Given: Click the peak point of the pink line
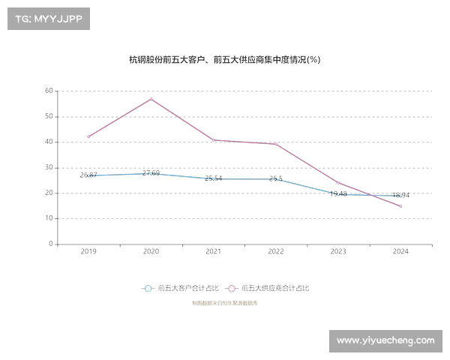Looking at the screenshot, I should (151, 99).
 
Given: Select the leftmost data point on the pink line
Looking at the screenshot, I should (89, 136).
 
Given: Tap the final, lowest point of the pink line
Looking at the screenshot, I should (401, 206).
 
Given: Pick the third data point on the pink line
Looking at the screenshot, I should (214, 140).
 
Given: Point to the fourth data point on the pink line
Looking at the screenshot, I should (276, 143).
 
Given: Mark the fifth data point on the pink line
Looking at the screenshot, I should (339, 183).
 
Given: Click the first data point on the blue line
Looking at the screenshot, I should (89, 175).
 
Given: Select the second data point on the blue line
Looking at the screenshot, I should (151, 173).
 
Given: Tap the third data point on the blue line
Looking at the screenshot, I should (214, 179).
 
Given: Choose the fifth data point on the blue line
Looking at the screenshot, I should (339, 193).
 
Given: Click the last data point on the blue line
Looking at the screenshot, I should (401, 195).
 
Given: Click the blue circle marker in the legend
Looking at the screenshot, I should (148, 288).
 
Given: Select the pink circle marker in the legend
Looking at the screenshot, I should (232, 288).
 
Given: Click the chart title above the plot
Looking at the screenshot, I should (225, 61).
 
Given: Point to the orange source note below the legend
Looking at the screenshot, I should (225, 304).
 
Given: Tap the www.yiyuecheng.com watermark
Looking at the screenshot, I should (385, 340).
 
